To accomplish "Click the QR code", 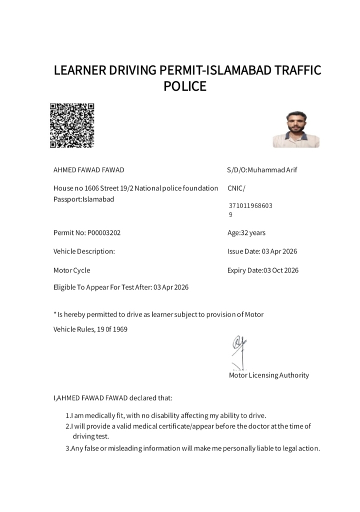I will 72,125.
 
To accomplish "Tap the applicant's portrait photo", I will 296,129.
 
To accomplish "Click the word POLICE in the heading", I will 185,86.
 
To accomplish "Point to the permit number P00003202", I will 104,233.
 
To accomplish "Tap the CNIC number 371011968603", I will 250,206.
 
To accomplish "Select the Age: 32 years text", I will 246,233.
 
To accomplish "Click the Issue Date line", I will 262,251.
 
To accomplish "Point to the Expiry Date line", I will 263,270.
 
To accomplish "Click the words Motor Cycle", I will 72,270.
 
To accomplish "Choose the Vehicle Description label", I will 84,251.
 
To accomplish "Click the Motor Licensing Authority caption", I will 269,375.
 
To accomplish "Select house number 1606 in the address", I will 92,188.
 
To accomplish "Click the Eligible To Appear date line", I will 121,287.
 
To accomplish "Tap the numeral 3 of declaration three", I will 67,448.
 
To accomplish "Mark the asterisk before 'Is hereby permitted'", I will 55,314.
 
